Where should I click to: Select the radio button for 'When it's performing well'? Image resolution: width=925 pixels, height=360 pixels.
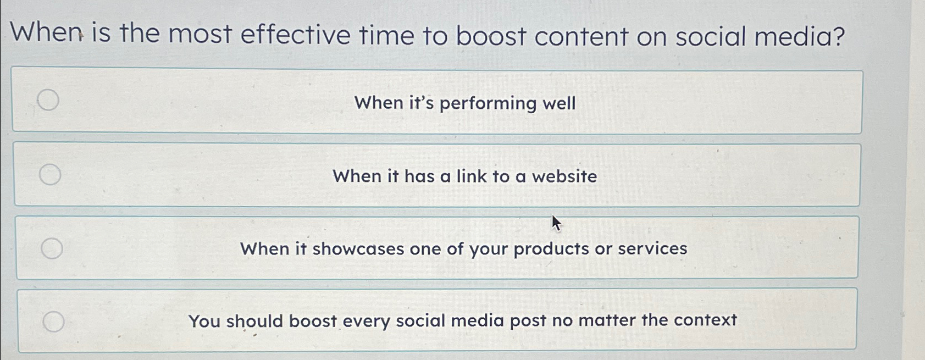48,100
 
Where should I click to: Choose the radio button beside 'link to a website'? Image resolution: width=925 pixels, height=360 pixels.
50,174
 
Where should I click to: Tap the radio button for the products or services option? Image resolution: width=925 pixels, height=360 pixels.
52,248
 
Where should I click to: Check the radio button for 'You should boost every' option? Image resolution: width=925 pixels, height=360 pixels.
53,322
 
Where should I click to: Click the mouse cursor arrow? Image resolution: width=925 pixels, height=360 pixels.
556,223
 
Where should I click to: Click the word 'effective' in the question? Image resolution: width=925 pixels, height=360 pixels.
295,35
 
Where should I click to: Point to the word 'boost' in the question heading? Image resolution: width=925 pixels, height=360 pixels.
491,36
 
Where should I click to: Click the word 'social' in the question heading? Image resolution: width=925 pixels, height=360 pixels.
711,37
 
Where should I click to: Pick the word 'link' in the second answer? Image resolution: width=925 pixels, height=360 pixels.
472,176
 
